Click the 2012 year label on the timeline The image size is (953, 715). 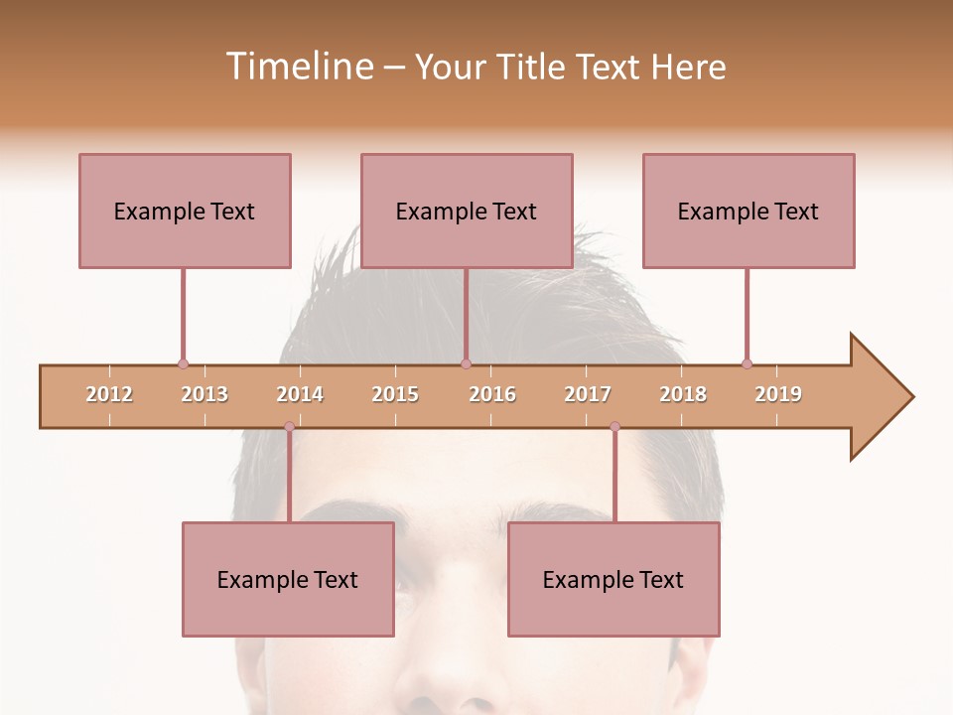coord(109,394)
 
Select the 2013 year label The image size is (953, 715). coord(204,394)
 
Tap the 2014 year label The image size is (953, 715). coord(300,394)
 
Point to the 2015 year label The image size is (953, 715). coord(395,394)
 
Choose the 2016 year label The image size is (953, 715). coord(492,394)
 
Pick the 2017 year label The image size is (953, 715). coord(588,394)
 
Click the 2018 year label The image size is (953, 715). coord(683,394)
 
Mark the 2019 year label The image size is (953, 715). coord(778,394)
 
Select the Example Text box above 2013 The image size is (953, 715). coord(185,211)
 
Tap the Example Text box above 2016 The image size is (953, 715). coord(467,211)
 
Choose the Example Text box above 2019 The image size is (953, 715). coord(749,211)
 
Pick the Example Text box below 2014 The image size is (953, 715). coord(288,579)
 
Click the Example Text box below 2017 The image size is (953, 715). coord(613,579)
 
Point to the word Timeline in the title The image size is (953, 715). coord(298,67)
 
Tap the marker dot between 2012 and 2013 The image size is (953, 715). coord(183,363)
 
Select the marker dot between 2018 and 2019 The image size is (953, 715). coord(747,363)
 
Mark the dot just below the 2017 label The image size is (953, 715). coord(614,427)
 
